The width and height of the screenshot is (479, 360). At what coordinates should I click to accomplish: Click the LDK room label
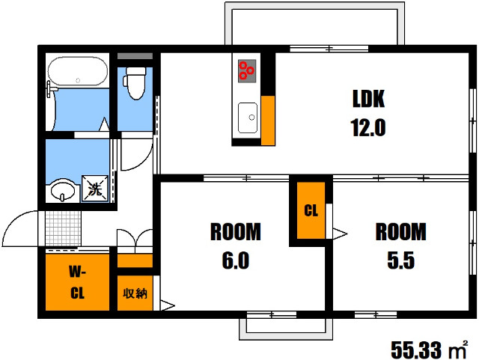coord(368,98)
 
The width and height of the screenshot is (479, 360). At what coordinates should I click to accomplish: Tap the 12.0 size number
coord(367,127)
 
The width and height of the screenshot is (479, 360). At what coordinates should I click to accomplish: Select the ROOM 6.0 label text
coord(236,245)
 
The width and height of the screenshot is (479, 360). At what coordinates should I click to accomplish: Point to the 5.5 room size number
coord(401,260)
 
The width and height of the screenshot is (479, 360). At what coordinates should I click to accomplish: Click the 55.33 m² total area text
coord(429,350)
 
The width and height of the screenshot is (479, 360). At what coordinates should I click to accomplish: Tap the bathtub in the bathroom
coord(78,71)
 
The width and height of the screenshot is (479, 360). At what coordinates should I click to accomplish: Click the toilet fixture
coord(135,83)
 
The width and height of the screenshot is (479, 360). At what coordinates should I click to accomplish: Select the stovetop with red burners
coord(247,71)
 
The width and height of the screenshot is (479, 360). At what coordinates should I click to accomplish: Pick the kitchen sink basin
coord(248,118)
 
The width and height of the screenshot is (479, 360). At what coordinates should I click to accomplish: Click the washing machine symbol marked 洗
coord(95,189)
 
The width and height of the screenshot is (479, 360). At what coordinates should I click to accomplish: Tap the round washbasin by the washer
coord(63,190)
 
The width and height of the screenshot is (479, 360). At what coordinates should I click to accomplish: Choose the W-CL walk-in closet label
coord(77,282)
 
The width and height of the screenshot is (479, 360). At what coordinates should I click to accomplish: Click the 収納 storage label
coord(135,293)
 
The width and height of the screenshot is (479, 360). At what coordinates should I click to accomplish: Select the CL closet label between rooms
coord(311,210)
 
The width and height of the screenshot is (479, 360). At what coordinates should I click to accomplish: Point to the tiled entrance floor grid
coord(63,228)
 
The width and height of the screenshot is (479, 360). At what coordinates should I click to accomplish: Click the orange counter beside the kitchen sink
coord(268,120)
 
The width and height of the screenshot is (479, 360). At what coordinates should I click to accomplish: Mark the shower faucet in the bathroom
coord(51,88)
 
